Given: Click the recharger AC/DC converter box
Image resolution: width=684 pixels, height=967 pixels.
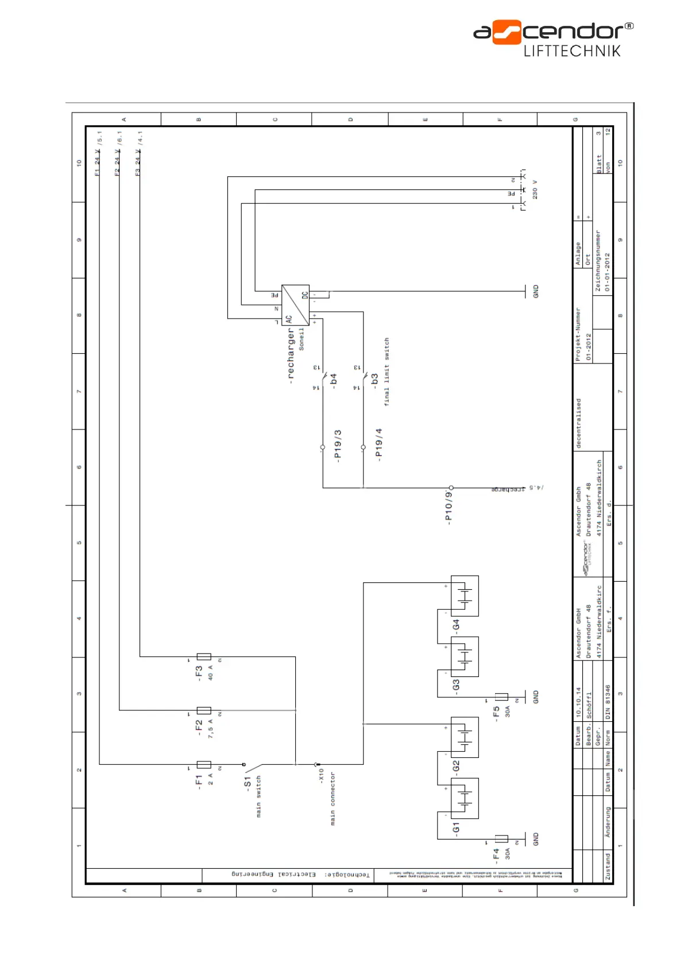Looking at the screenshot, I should coord(295,304).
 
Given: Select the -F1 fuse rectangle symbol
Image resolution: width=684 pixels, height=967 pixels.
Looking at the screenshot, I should coord(204,764).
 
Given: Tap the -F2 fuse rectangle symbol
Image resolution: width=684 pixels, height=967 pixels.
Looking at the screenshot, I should coord(204,710).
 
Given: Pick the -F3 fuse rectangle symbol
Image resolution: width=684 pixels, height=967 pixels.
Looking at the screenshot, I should coord(204,656).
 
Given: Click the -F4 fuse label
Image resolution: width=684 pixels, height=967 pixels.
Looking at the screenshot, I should coord(496,856).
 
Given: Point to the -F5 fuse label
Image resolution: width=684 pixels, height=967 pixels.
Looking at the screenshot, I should coord(496,713).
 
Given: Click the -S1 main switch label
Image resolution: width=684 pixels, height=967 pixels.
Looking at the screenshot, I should coord(248,783).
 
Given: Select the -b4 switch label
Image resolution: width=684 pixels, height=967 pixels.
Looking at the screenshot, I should coord(334,380).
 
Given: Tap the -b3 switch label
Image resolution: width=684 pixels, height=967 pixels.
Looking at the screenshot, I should coord(374,380).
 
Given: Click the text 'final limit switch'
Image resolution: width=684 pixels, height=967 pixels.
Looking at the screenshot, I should coord(387,372).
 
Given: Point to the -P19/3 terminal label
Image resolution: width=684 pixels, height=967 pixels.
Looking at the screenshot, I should coord(338,446).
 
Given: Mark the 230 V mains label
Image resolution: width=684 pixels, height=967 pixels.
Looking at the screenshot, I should coord(535,189).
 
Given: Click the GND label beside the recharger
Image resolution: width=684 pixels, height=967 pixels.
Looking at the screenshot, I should coord(536,291).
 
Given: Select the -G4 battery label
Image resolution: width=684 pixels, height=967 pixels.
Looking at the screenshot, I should coord(456,625).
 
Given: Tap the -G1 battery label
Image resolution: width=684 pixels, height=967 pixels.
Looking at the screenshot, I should coord(456,828).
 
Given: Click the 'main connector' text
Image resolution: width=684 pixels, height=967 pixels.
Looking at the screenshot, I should coord(333,798).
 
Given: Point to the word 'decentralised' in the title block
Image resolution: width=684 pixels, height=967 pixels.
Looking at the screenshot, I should coord(578,423).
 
